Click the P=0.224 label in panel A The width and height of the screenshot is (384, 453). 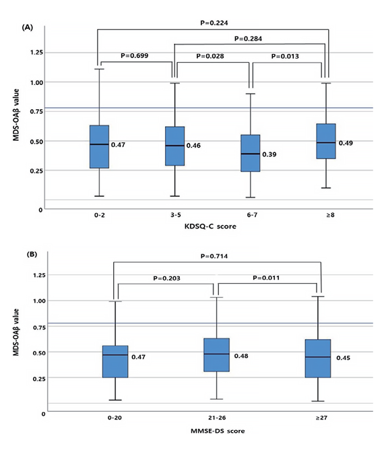(214, 23)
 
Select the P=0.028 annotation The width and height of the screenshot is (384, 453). (210, 56)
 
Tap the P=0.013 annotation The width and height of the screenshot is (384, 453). (285, 57)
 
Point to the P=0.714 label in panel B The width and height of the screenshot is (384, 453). (214, 256)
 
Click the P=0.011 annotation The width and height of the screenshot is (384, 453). (266, 278)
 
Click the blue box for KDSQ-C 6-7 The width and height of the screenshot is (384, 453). (251, 153)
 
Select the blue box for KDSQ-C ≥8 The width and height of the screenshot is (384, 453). (326, 142)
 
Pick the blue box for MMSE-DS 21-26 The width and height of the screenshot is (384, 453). (216, 355)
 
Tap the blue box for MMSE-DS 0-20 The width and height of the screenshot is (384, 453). (115, 361)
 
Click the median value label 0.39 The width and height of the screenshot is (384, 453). (269, 154)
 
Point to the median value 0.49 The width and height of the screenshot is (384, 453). (346, 143)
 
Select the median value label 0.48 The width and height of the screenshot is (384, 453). (241, 356)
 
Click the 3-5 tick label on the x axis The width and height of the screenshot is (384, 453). (176, 215)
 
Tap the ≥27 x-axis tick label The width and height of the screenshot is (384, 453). (321, 418)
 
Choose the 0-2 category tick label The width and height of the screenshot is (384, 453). (99, 215)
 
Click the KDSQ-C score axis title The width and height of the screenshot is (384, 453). (210, 227)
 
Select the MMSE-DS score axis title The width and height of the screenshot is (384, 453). (218, 431)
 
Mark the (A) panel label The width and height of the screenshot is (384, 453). (28, 28)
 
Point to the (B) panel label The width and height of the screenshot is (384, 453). (32, 255)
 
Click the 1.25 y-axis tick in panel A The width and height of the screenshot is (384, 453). (36, 53)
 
